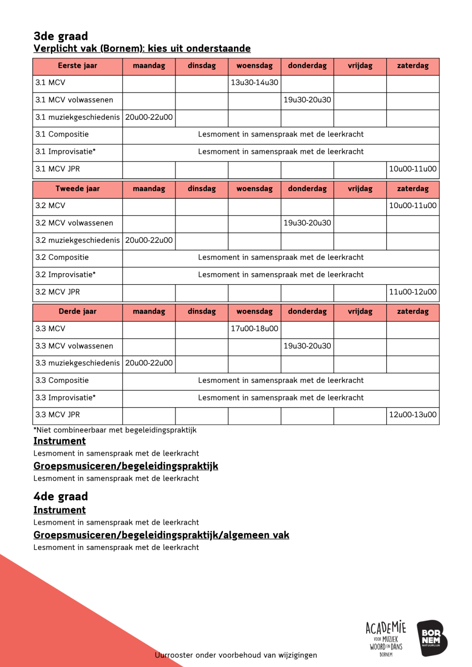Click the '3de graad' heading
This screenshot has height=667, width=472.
tap(61, 36)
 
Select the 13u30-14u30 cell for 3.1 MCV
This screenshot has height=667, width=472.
tap(254, 83)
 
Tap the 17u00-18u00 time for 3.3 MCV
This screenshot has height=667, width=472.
tap(254, 328)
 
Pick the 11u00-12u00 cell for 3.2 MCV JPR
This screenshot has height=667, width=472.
tap(413, 292)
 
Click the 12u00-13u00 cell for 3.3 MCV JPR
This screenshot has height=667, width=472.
tap(413, 415)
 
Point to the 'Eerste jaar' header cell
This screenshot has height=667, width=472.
tap(77, 66)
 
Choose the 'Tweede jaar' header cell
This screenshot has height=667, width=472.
tap(77, 189)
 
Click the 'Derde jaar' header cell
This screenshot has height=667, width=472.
tap(77, 311)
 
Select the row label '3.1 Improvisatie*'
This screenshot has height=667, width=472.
tap(66, 152)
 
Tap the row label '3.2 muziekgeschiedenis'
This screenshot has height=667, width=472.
tap(77, 240)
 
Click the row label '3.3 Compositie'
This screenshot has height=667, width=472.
tap(62, 380)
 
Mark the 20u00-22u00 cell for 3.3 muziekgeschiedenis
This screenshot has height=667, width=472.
tap(149, 363)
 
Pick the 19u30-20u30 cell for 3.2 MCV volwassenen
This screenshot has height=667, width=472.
tap(307, 223)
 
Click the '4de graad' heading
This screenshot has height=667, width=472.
tap(61, 496)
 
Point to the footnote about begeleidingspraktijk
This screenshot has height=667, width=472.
tap(115, 430)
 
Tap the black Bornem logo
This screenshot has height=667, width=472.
tap(431, 638)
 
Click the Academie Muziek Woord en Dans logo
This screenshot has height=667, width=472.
tap(386, 638)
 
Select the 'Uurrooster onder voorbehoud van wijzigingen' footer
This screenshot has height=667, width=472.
tap(236, 655)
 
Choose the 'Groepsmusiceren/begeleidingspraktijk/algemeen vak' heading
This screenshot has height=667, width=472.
tap(161, 535)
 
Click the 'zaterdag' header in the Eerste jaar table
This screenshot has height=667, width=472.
tap(413, 66)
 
